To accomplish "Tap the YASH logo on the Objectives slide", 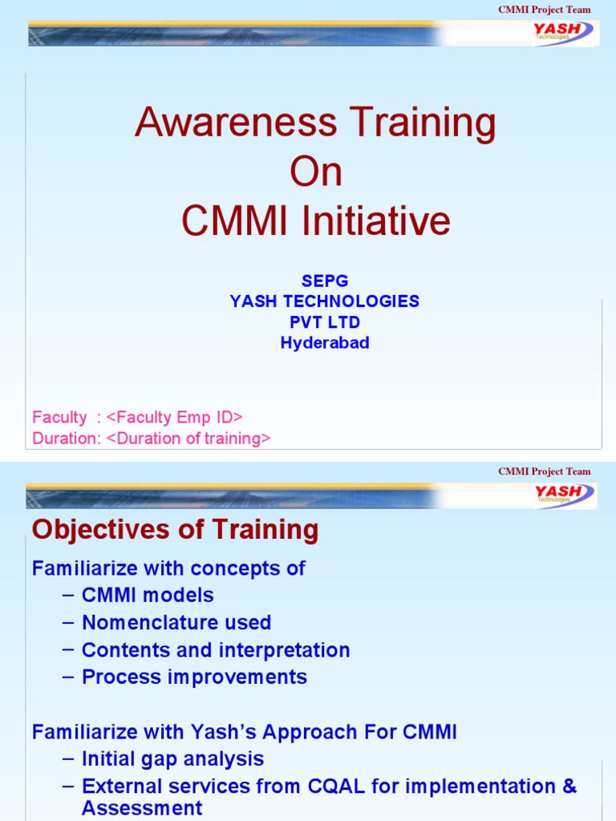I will coord(564,495).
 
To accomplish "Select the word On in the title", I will coord(315,172).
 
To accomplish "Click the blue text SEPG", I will coord(324,281).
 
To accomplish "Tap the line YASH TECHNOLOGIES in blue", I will coord(324,301).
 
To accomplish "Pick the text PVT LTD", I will coord(324,322).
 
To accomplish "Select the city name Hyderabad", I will coord(324,343).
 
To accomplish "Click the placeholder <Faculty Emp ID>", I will coord(174,417).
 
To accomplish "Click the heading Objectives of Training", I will coord(174,530).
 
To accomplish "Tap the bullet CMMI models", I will coord(148,595).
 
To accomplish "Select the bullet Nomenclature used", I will coord(176,622).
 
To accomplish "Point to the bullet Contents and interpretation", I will coord(216,649).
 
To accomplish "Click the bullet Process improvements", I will coord(194,677).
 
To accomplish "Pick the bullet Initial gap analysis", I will coord(172,758).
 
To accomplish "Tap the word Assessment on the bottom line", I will coord(142,808).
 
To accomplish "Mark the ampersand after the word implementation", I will coord(569,786).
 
